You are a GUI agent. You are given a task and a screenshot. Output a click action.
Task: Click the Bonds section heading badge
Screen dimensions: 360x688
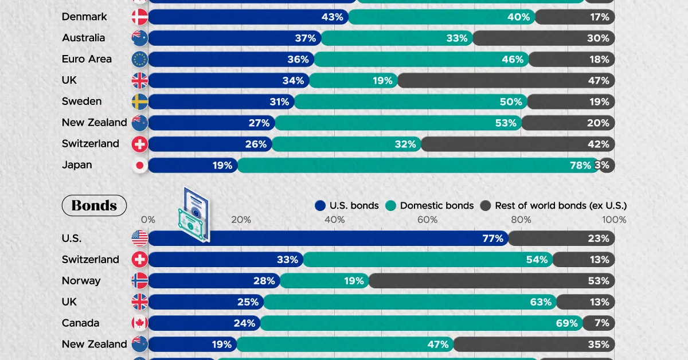click(94, 205)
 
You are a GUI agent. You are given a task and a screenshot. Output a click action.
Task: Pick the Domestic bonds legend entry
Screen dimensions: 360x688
click(429, 205)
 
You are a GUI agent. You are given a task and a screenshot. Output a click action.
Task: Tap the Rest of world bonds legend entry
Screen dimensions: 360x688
click(554, 205)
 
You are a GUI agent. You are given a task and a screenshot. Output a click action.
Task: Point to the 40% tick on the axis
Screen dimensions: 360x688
click(334, 220)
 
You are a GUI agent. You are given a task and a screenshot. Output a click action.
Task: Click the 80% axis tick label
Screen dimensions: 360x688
click(521, 220)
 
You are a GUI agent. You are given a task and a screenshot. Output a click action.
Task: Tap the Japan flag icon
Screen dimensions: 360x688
click(140, 165)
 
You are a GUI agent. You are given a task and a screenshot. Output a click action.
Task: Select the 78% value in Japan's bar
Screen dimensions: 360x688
click(580, 165)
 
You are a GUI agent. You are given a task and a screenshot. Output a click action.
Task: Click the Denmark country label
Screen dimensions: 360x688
click(84, 17)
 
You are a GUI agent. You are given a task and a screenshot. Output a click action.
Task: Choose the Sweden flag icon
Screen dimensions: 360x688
click(140, 101)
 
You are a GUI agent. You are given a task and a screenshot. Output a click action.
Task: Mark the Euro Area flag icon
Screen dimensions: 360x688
click(140, 59)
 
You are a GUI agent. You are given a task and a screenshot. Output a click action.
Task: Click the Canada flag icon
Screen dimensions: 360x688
click(140, 323)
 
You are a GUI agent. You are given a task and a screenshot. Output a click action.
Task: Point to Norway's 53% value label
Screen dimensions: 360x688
click(598, 281)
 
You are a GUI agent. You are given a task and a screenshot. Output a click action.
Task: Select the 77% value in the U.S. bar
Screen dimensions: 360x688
click(492, 238)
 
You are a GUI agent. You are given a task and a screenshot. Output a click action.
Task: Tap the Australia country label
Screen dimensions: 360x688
click(83, 38)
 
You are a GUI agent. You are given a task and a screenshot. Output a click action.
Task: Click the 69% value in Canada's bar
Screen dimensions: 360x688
click(566, 323)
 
